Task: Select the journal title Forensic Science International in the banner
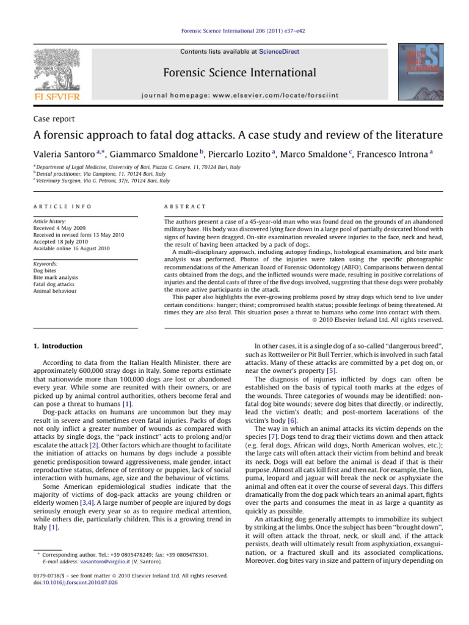(239, 73)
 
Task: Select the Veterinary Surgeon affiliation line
(101, 181)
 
